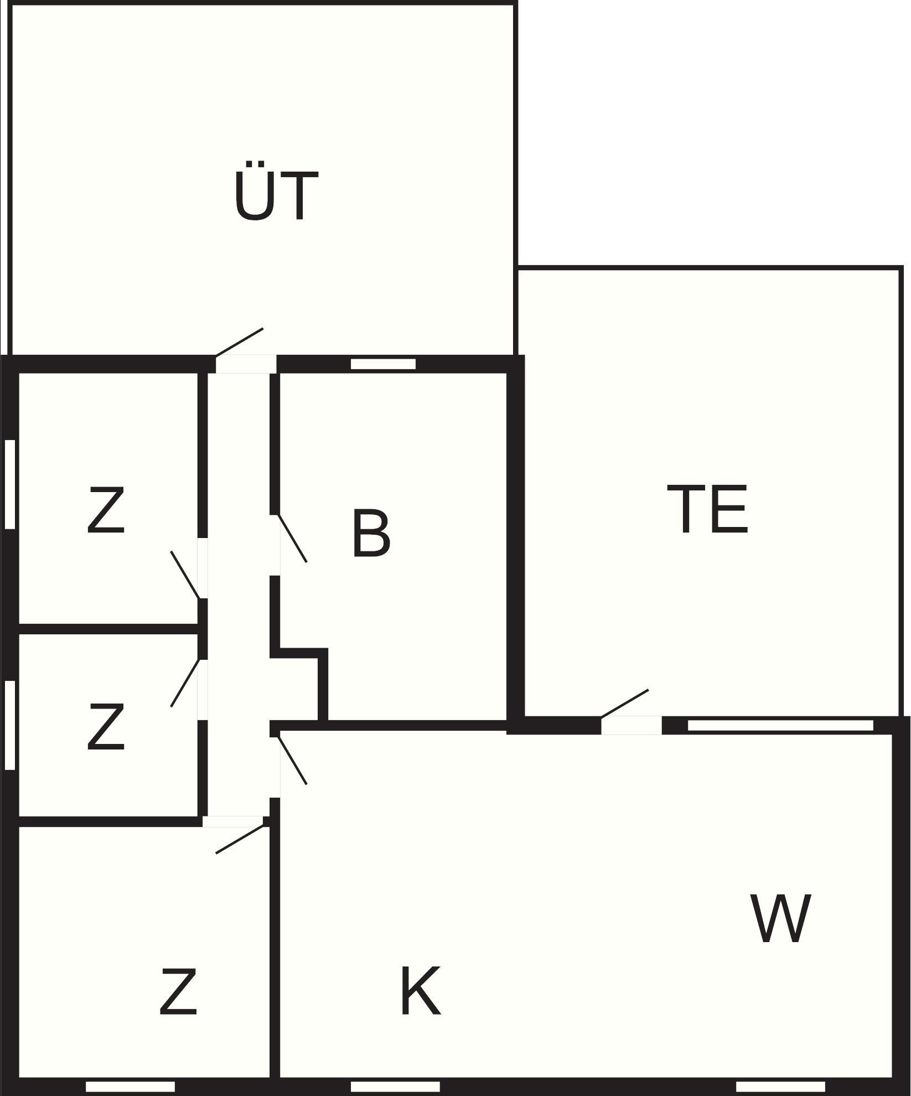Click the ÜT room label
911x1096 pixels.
click(x=276, y=196)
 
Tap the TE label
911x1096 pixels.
click(x=707, y=509)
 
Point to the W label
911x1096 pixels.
click(x=780, y=918)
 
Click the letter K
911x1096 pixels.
click(x=420, y=991)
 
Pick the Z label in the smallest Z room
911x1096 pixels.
click(x=106, y=727)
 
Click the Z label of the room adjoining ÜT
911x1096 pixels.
click(x=106, y=510)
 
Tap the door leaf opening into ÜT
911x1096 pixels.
click(x=239, y=343)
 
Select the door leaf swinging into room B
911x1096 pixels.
click(x=292, y=539)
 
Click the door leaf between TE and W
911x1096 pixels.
click(x=624, y=704)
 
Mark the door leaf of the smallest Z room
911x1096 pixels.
click(x=185, y=683)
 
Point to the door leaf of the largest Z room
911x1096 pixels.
click(x=239, y=839)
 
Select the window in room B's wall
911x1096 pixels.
click(x=383, y=364)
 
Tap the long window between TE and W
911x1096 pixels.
click(x=780, y=725)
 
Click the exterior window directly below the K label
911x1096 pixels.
click(x=395, y=1087)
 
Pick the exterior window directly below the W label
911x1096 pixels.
click(x=780, y=1087)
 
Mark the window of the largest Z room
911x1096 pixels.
click(x=130, y=1087)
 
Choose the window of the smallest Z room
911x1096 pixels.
click(x=10, y=725)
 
